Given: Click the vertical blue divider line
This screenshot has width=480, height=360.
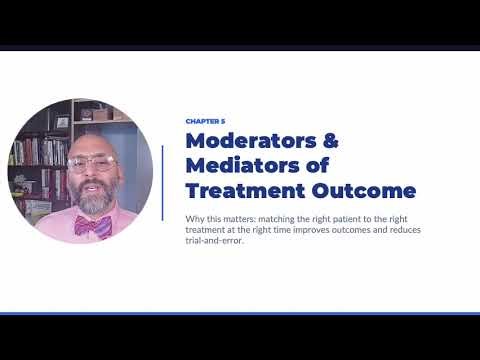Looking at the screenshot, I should (x=162, y=182).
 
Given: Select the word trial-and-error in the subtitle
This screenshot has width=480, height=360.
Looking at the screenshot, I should (x=216, y=240).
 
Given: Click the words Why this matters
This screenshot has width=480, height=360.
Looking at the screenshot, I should (x=216, y=216).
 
